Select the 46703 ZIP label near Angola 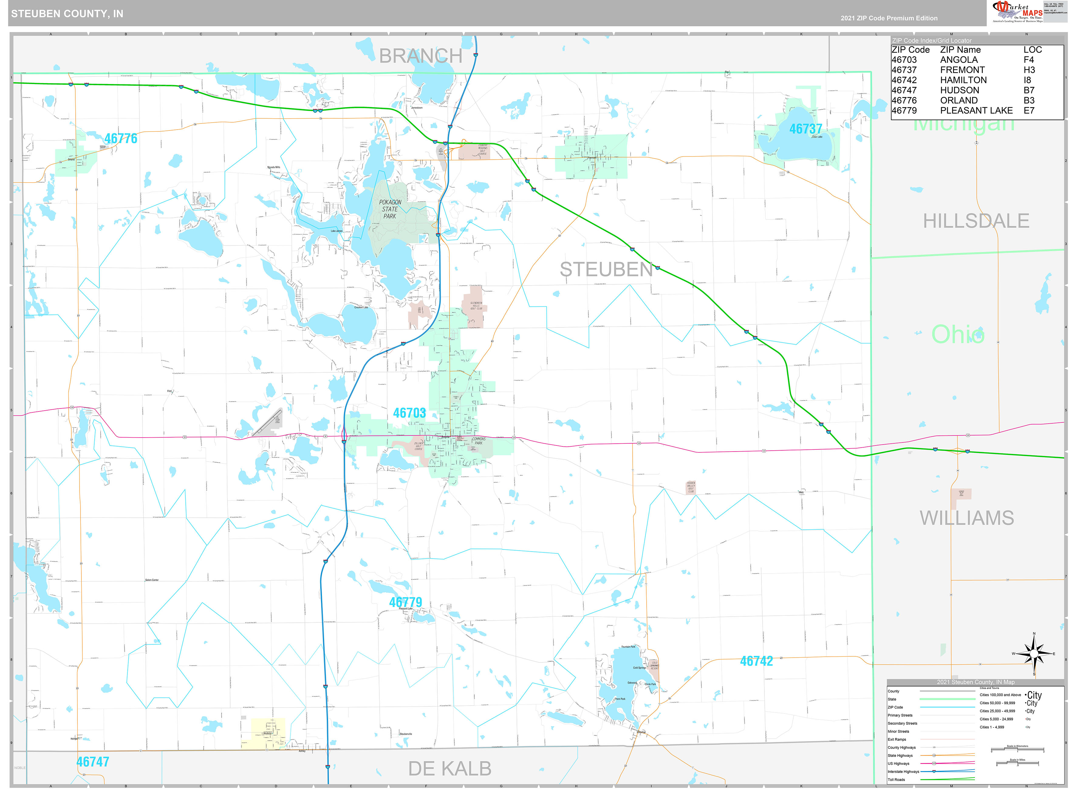click(x=409, y=413)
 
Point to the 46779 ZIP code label click(x=405, y=602)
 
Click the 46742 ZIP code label click(x=756, y=661)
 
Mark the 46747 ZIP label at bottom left click(x=93, y=762)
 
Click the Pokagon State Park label click(x=390, y=209)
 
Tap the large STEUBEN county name click(x=606, y=270)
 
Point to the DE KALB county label click(x=449, y=768)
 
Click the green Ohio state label click(x=957, y=334)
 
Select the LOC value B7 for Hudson click(x=1029, y=90)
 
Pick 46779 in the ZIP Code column click(x=904, y=110)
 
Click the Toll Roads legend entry click(x=896, y=780)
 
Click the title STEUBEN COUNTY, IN click(x=67, y=14)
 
